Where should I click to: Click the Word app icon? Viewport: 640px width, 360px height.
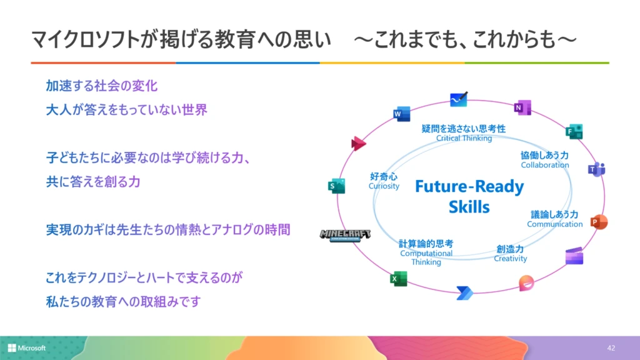[401, 114]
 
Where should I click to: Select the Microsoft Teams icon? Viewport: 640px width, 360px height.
[596, 169]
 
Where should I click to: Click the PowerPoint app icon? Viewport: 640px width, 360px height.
[599, 222]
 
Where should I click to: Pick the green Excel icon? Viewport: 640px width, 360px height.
[398, 279]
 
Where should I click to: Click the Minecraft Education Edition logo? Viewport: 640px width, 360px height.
[345, 236]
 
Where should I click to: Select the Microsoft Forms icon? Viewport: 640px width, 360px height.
[574, 131]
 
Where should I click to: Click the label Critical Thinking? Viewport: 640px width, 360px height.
[464, 138]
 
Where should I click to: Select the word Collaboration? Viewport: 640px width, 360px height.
[545, 165]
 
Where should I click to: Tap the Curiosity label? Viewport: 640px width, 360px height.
[384, 186]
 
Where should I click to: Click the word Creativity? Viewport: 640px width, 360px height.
[511, 259]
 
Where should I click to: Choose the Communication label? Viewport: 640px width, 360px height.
[554, 224]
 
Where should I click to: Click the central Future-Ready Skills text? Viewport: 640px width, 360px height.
[469, 196]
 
